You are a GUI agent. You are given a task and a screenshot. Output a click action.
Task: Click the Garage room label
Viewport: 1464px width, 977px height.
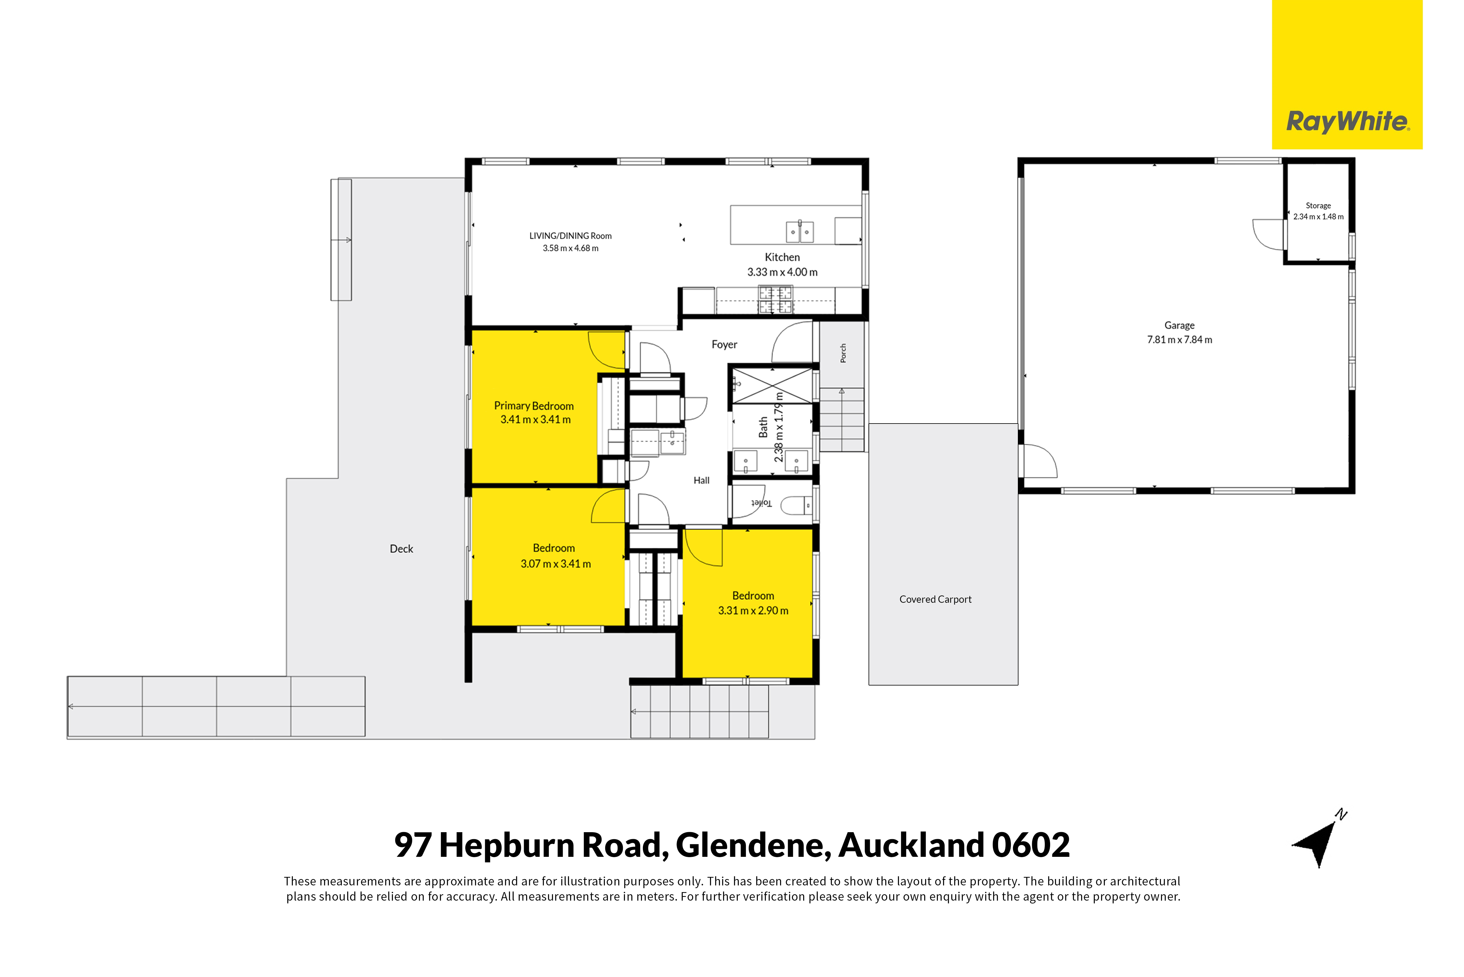(x=1179, y=325)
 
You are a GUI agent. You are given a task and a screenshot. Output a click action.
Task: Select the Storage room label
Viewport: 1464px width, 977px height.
(x=1318, y=206)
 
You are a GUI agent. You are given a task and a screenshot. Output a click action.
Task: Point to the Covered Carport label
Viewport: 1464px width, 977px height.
(x=935, y=599)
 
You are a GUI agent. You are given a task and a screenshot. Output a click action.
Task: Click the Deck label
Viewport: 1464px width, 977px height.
(x=401, y=549)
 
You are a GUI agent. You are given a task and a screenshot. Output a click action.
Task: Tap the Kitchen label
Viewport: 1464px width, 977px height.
(x=782, y=257)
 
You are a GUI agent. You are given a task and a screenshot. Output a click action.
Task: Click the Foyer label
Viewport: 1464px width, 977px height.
(x=724, y=344)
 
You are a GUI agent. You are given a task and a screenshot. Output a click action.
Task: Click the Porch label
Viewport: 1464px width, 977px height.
(x=843, y=353)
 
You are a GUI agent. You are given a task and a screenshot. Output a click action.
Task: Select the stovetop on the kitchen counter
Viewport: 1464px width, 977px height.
(x=775, y=300)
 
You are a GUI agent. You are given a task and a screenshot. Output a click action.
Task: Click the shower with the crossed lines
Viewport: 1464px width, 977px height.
(x=772, y=386)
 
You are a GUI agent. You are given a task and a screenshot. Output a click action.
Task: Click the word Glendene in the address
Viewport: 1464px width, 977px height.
(x=754, y=846)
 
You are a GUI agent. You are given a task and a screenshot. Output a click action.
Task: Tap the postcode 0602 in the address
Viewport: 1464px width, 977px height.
(x=1031, y=846)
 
